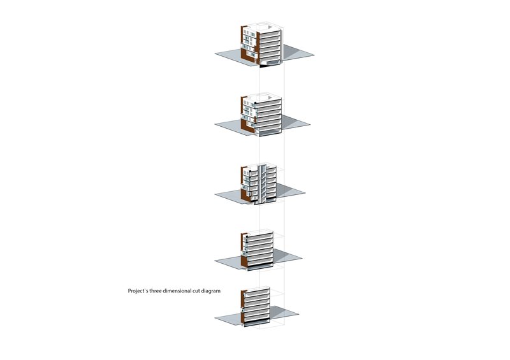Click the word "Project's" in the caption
tap(138, 291)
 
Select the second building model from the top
tap(261, 115)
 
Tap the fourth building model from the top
tap(258, 251)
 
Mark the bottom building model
tap(256, 306)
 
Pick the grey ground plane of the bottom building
tap(284, 313)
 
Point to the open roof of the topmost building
tap(265, 26)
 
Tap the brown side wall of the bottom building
tap(242, 307)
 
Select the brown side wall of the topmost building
tap(243, 43)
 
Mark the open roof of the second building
tap(265, 97)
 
